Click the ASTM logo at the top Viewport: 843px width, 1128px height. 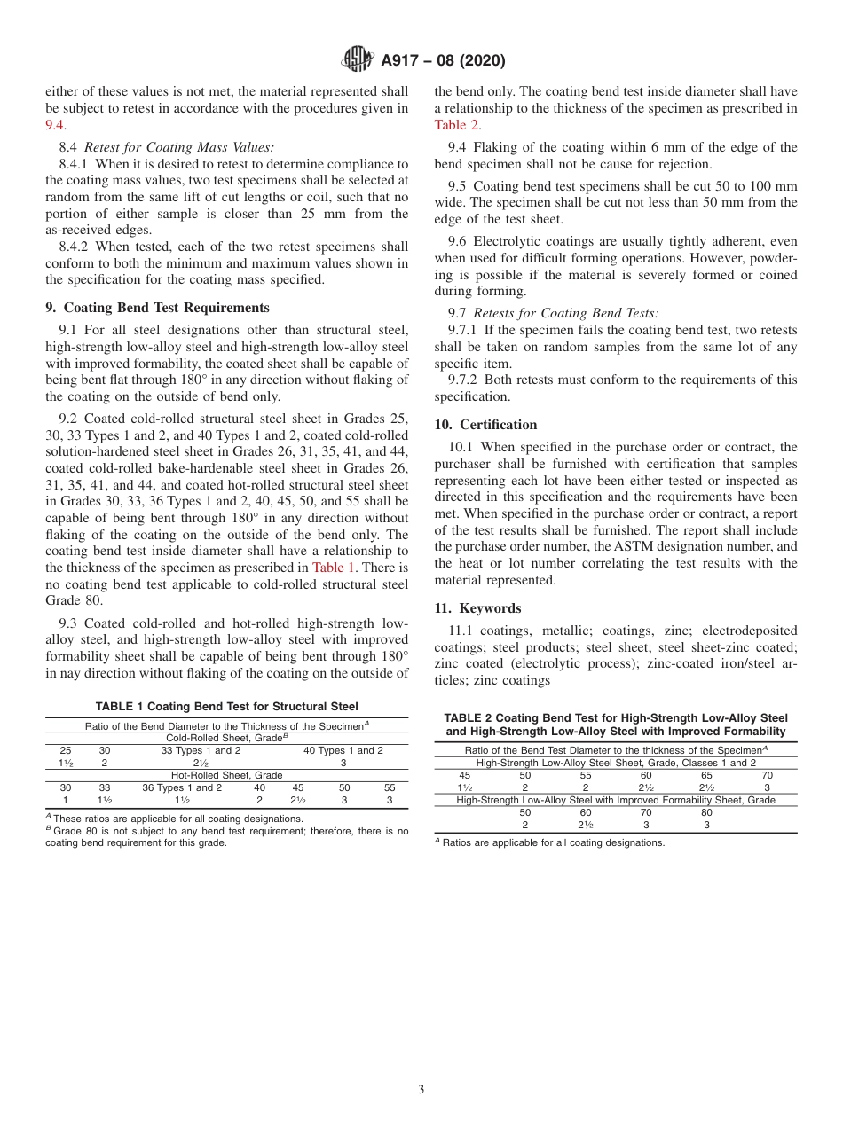358,59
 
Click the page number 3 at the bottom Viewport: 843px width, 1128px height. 421,1089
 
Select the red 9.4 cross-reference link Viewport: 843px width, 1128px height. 54,125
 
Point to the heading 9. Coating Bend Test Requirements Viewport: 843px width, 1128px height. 157,308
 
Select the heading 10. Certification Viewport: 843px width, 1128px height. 485,424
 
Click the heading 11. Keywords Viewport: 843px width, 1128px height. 477,608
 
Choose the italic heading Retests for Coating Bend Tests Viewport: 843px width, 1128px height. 566,312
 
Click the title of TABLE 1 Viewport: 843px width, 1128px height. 226,707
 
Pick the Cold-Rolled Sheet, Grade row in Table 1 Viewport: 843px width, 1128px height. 227,738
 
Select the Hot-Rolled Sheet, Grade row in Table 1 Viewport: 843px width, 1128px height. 226,775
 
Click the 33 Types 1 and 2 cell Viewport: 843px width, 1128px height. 201,750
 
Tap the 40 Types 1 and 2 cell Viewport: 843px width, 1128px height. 343,750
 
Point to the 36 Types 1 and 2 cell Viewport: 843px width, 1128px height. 182,787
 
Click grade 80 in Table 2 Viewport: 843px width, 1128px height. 706,812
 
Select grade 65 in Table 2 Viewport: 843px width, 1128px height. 706,775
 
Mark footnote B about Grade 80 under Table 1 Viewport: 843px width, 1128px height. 226,837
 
